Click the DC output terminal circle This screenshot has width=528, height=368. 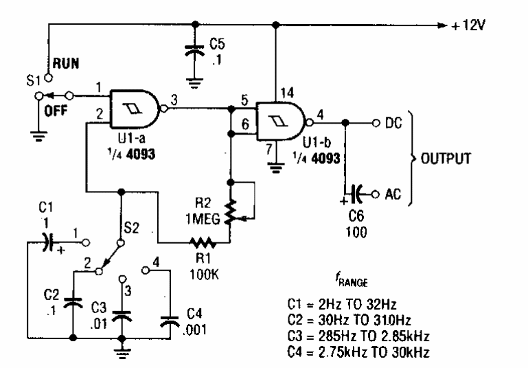tap(376, 124)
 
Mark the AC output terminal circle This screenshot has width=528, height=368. tap(376, 194)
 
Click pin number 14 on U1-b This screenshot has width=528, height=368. tap(282, 91)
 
